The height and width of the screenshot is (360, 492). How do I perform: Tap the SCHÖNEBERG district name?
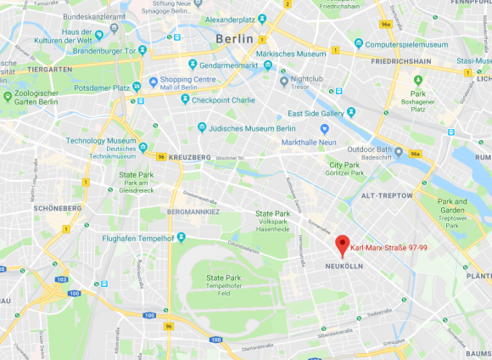(x=59, y=207)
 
